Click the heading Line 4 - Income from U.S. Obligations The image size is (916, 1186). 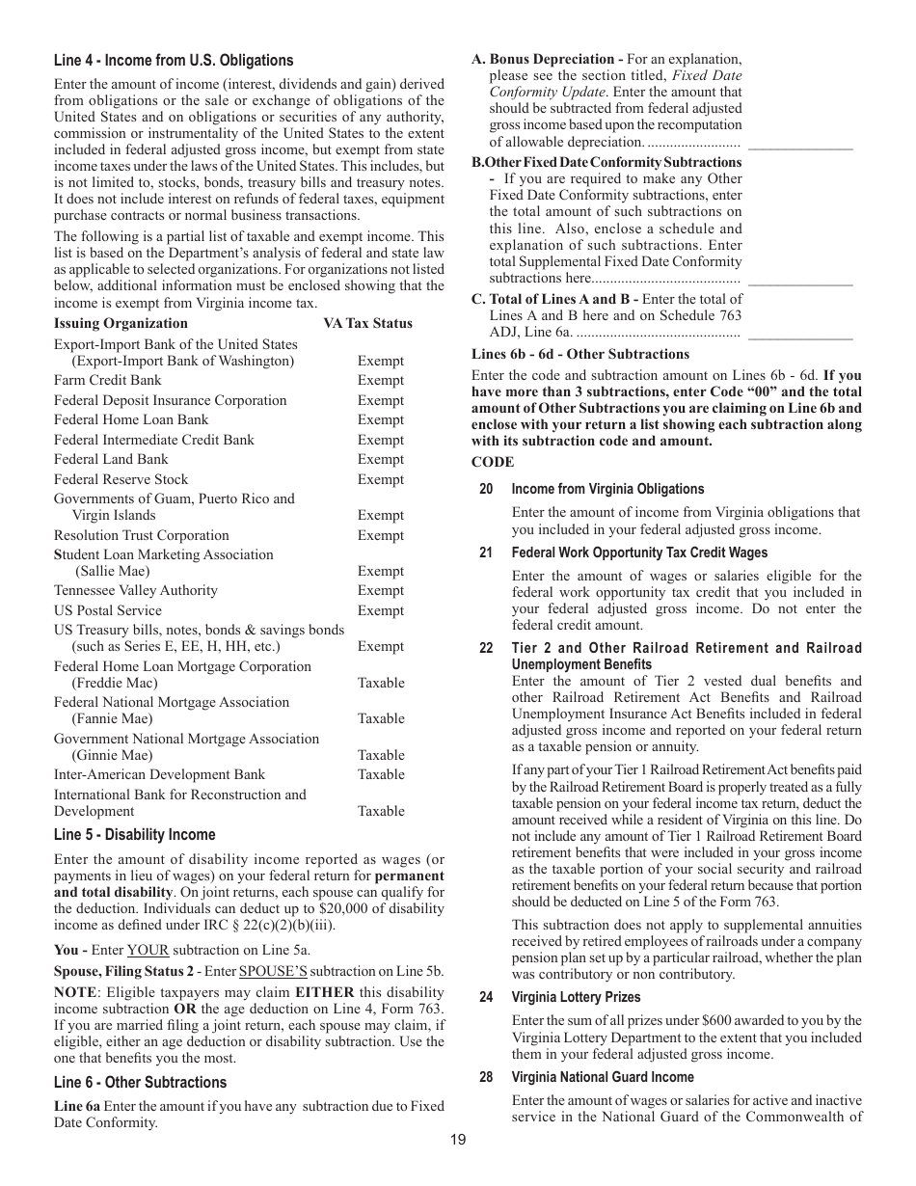click(174, 61)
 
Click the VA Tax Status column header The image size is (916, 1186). click(367, 324)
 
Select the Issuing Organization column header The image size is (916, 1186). click(121, 324)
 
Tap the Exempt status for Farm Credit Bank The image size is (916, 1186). click(381, 381)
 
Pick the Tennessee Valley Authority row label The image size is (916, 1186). click(136, 591)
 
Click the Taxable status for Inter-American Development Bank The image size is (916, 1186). click(381, 775)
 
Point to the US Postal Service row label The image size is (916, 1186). click(108, 611)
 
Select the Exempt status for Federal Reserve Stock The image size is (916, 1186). click(381, 480)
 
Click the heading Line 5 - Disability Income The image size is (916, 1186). click(135, 835)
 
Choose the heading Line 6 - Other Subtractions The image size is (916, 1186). click(141, 1083)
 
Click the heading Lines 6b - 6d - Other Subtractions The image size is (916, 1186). click(580, 355)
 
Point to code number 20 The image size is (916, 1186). click(486, 490)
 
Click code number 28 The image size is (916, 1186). click(486, 1078)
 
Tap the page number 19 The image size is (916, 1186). click(457, 1141)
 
